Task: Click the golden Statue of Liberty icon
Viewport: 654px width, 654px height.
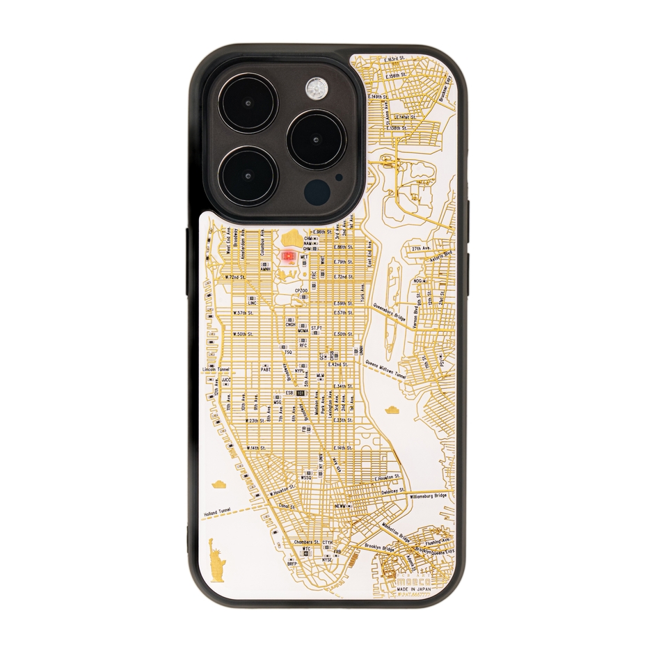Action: coord(217,559)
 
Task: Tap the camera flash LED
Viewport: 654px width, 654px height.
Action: coord(317,88)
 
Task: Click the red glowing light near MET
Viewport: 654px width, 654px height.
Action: coord(288,257)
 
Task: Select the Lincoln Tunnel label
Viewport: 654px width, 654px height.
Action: coord(214,369)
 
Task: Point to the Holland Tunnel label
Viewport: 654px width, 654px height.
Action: coord(217,513)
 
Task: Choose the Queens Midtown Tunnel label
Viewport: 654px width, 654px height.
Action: coord(385,368)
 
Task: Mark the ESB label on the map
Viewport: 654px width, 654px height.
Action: coord(289,392)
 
